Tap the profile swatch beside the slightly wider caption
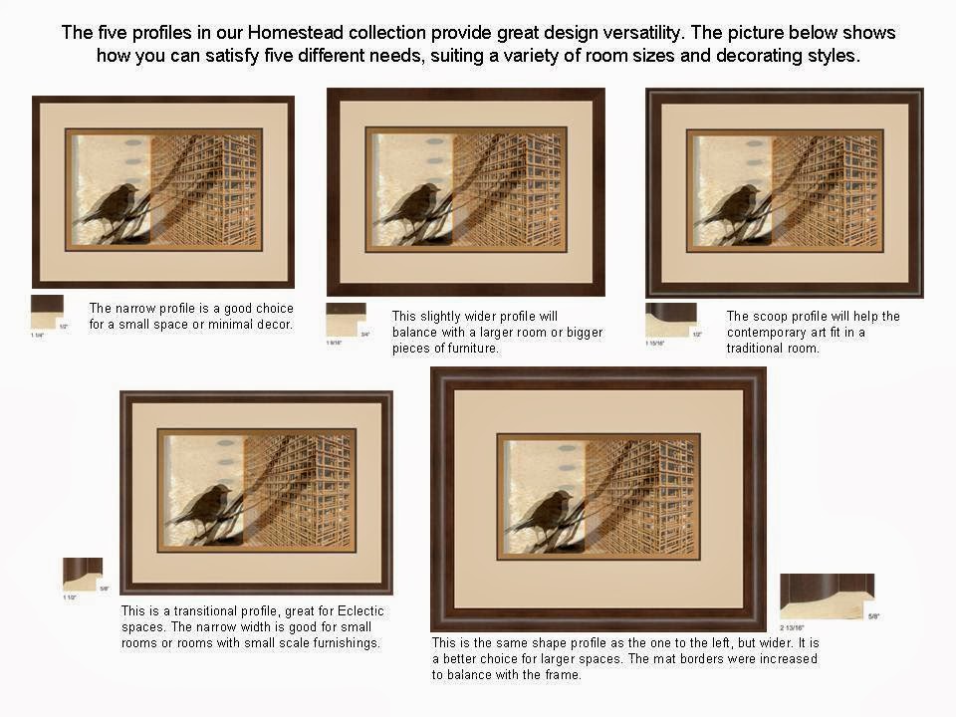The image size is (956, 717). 345,320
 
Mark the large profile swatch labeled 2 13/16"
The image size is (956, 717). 826,596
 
